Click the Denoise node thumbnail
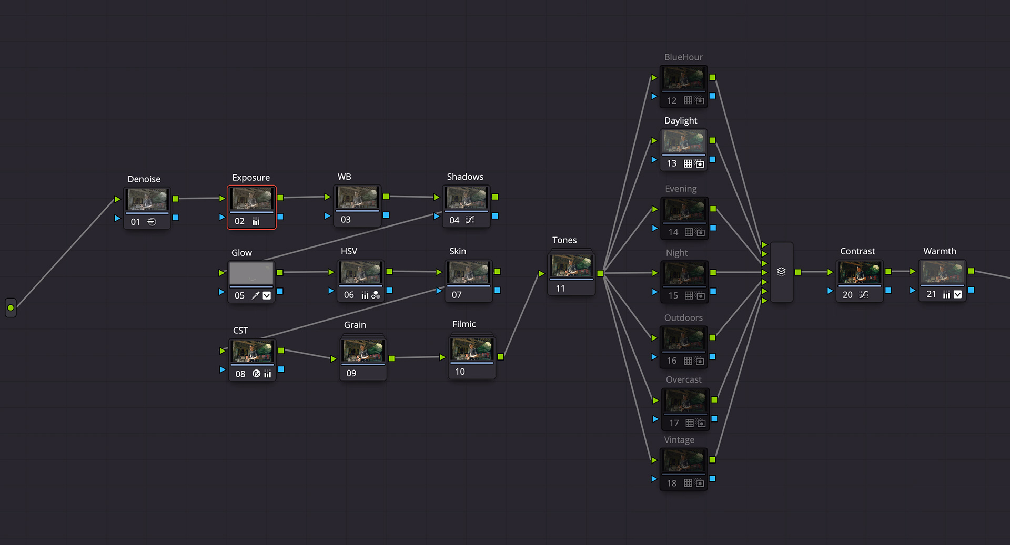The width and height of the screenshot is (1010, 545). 147,200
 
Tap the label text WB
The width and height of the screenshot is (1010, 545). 344,177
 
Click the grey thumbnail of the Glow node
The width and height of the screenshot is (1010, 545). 251,273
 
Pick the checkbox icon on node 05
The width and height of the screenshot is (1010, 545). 267,295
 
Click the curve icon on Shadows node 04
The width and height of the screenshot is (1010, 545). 470,220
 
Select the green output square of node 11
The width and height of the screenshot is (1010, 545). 600,273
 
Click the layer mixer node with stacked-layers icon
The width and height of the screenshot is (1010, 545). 781,272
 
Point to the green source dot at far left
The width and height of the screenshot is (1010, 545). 11,307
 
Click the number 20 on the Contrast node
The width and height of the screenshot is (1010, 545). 847,295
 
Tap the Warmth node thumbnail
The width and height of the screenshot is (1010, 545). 942,272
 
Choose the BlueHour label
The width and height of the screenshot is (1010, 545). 683,57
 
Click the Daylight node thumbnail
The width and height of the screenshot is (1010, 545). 683,141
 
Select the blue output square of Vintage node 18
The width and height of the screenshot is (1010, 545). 712,479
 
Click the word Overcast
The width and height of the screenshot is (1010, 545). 683,379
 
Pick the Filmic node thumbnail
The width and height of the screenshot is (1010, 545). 471,348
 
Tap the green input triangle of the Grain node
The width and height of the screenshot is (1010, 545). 334,358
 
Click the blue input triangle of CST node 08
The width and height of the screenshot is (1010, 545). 222,369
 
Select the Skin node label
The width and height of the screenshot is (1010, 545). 457,251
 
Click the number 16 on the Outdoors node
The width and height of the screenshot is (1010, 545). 672,361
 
